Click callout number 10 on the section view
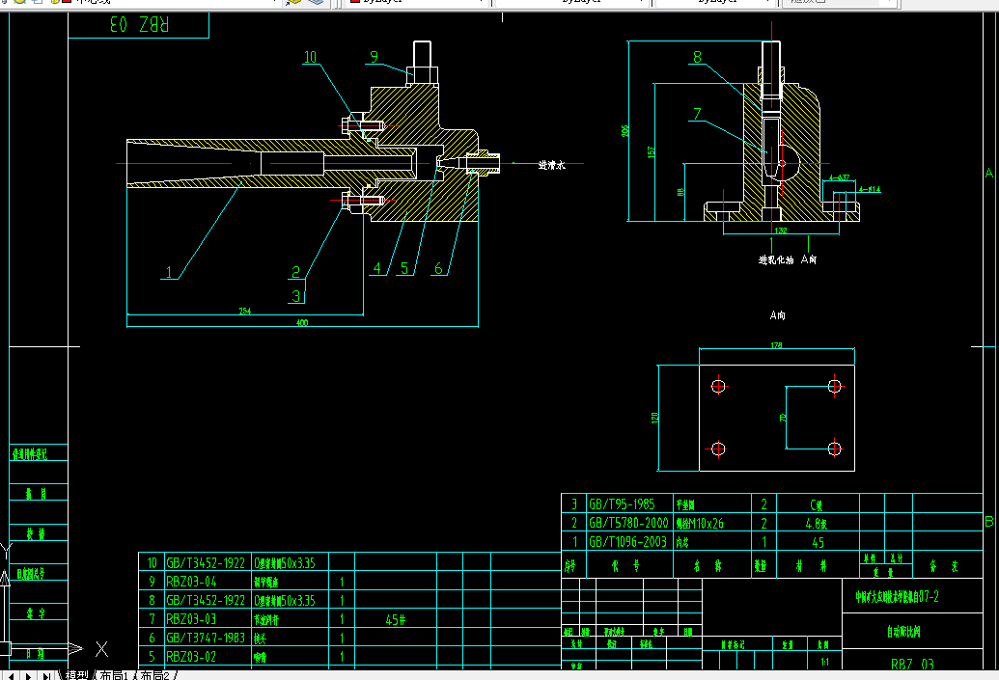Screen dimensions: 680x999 (310, 58)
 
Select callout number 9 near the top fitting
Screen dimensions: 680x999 (374, 57)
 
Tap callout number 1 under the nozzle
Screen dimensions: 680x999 (169, 273)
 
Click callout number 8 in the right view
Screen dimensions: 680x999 (698, 58)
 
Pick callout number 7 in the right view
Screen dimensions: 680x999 (697, 115)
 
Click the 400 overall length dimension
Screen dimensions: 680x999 (302, 323)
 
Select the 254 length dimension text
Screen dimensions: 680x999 (244, 311)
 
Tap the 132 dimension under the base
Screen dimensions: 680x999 (779, 231)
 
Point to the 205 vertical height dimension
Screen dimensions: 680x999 (625, 130)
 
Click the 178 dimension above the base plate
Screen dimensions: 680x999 (776, 345)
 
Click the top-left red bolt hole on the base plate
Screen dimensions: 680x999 (717, 386)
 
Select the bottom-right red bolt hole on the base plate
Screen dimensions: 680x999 (835, 448)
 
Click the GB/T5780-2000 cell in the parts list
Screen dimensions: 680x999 (627, 523)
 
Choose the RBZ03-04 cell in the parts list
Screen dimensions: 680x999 (192, 582)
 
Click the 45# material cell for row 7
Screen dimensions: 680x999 (395, 619)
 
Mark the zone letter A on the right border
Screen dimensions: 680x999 (988, 173)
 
